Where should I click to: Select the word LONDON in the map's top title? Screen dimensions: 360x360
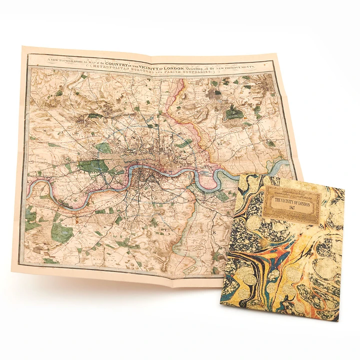pyautogui.click(x=173, y=63)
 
